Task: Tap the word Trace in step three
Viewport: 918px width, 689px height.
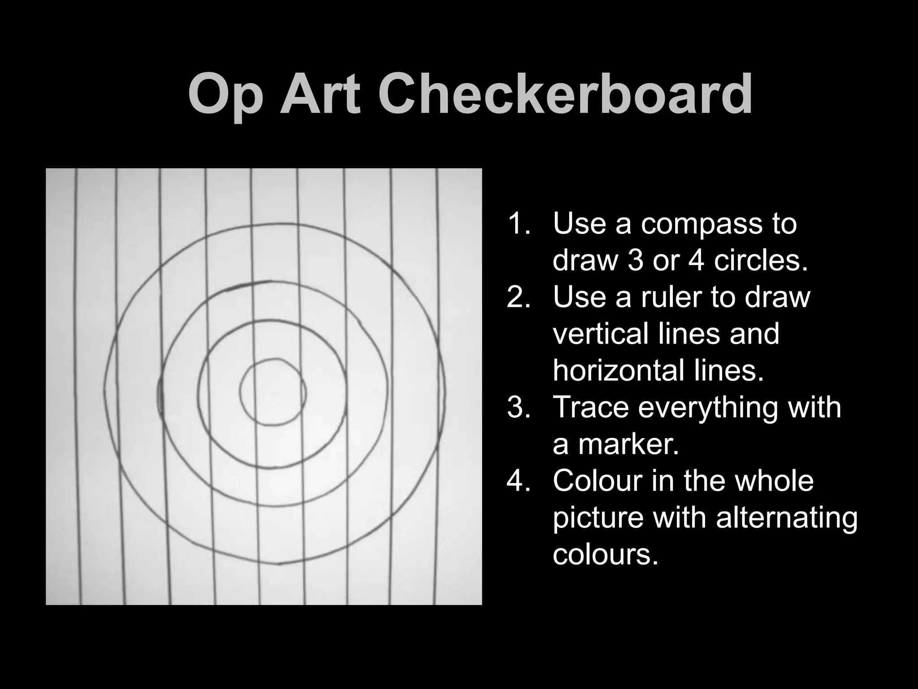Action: pyautogui.click(x=591, y=407)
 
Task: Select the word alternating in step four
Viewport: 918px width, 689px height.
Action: pyautogui.click(x=786, y=518)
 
